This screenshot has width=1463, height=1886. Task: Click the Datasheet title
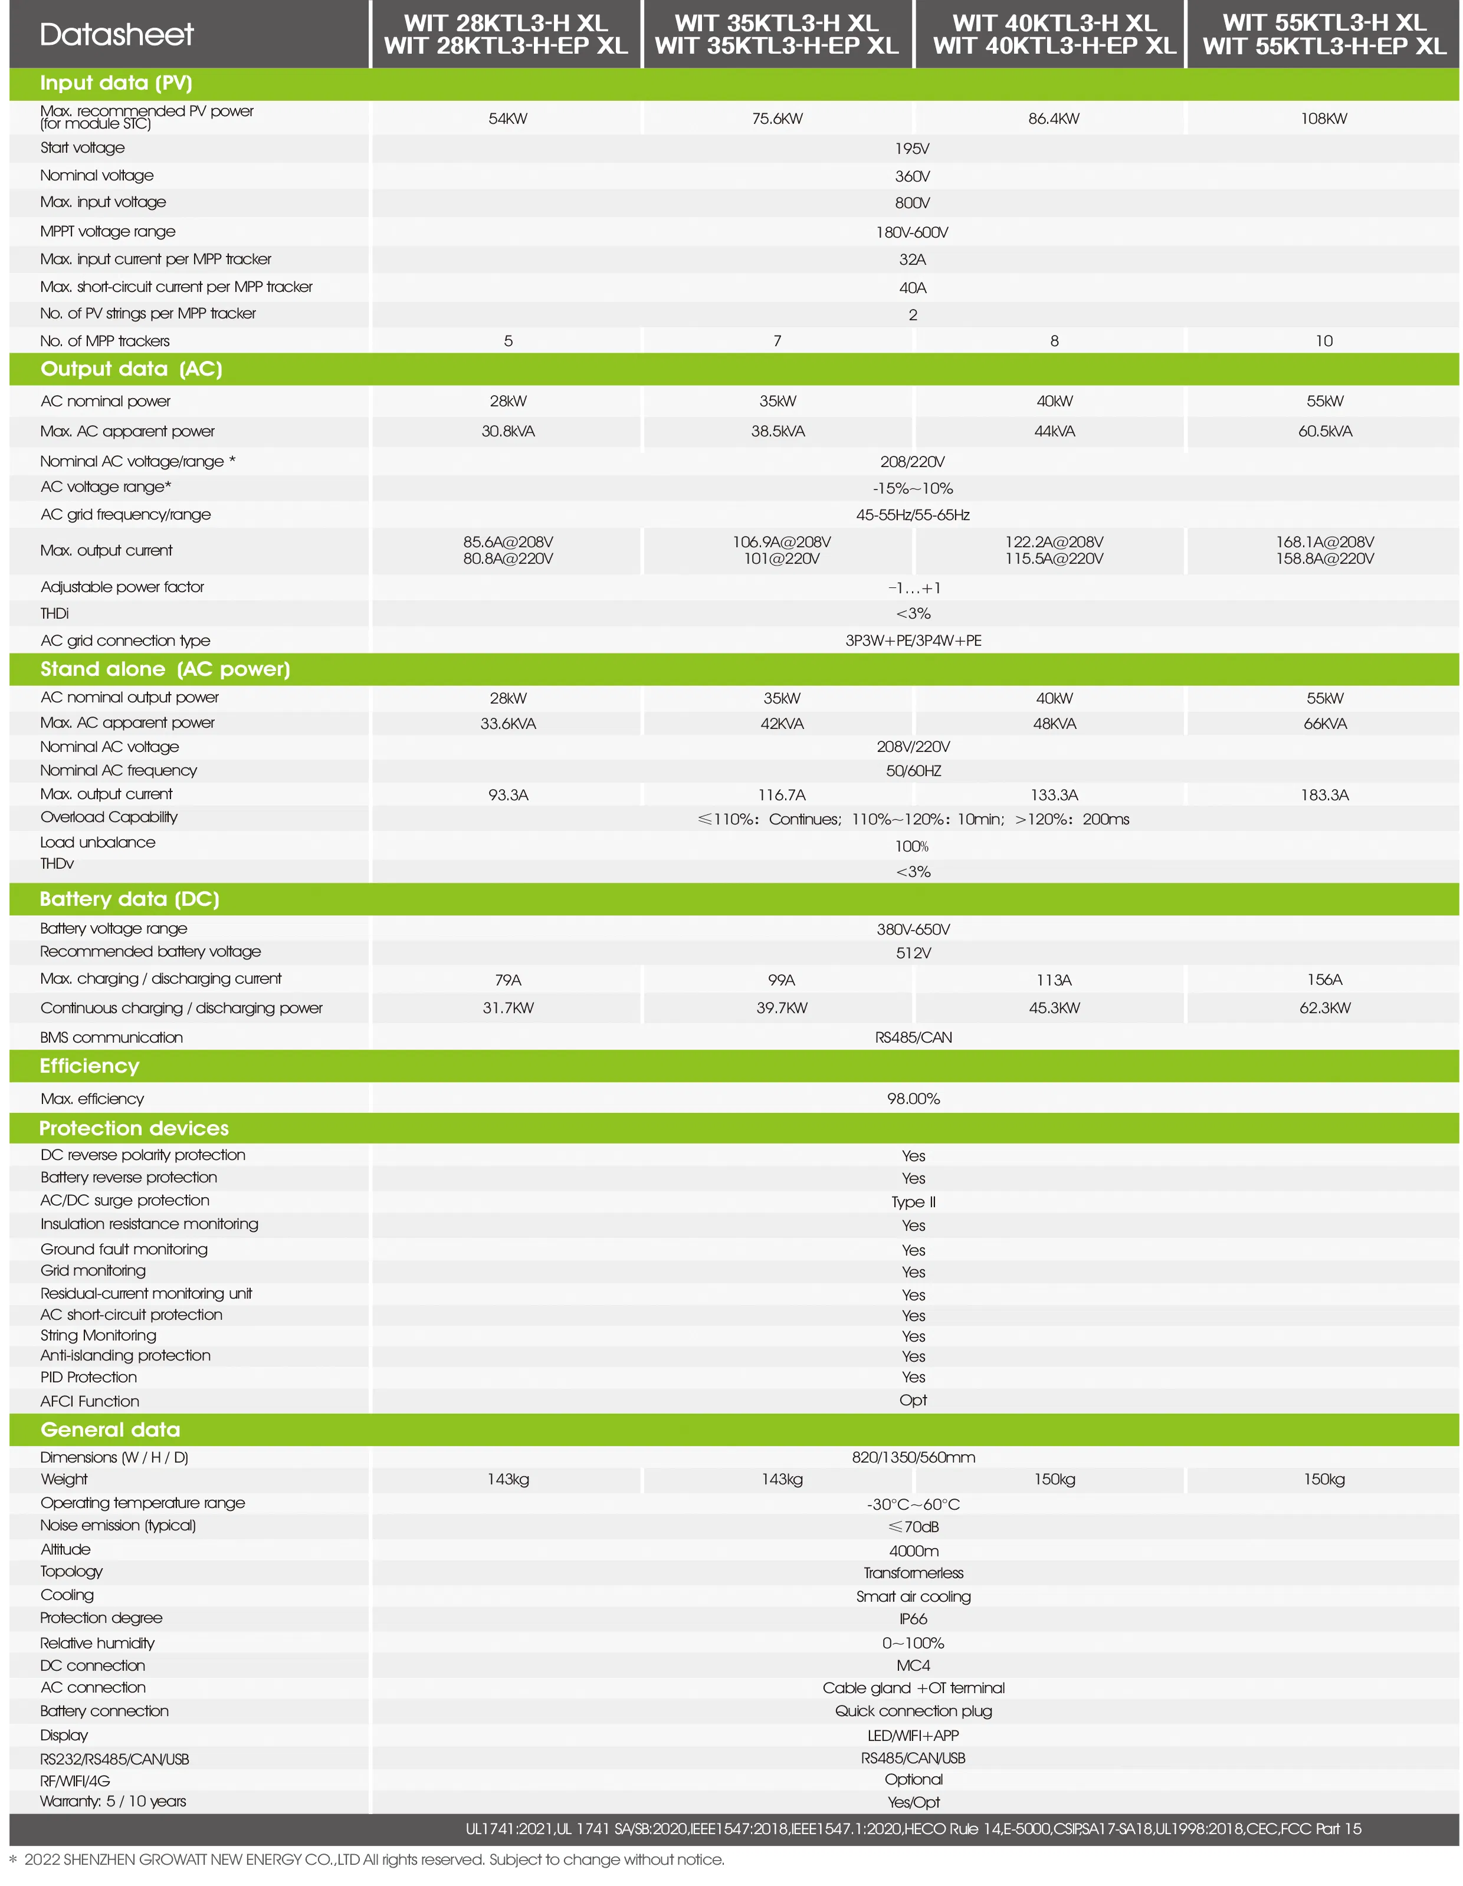point(117,35)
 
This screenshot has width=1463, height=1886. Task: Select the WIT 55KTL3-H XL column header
point(1323,35)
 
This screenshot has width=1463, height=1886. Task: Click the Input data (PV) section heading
point(116,83)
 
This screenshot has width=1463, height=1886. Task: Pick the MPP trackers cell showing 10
point(1323,341)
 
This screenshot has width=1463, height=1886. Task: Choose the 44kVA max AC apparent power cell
point(1054,431)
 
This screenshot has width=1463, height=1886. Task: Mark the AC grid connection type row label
point(125,640)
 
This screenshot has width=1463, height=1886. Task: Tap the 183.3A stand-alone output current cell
point(1324,794)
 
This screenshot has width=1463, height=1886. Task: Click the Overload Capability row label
point(109,817)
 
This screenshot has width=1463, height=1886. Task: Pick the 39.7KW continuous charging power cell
point(782,1008)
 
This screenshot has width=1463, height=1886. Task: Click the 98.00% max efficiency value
point(913,1099)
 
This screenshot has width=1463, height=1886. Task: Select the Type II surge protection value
point(913,1202)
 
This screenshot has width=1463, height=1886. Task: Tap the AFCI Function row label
point(90,1401)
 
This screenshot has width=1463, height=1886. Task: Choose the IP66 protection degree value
point(913,1619)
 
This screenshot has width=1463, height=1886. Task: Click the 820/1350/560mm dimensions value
point(913,1457)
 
